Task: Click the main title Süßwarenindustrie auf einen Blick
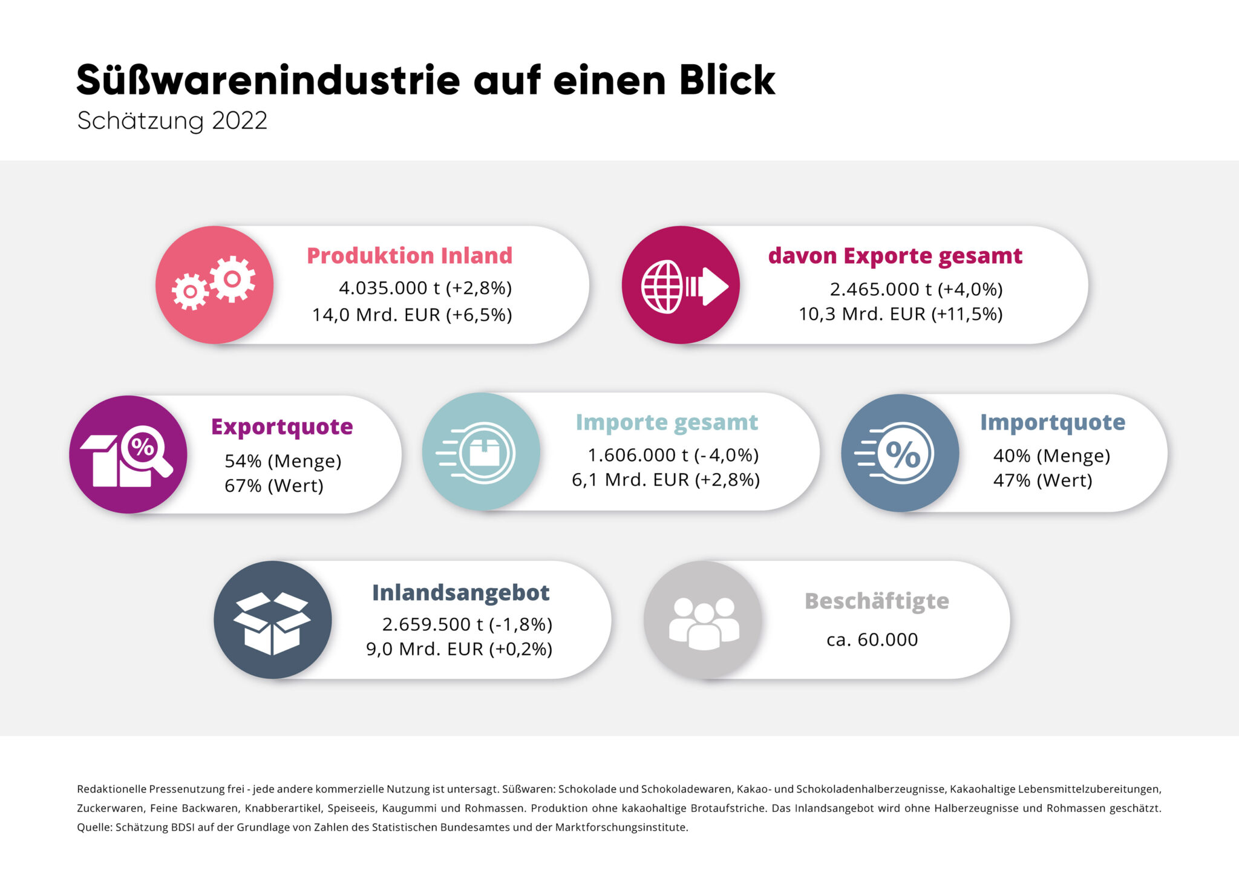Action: (x=425, y=80)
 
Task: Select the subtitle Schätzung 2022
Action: (x=172, y=120)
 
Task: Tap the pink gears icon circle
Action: (x=214, y=285)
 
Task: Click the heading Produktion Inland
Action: (x=410, y=255)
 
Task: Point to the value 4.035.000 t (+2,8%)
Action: (x=425, y=288)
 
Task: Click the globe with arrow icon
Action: (x=681, y=285)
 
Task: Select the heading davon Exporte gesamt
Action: (x=895, y=256)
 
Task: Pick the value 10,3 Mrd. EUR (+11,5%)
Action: (x=900, y=314)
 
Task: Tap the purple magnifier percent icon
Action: (x=128, y=454)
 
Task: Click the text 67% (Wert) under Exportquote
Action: (x=273, y=486)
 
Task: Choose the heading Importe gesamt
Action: (x=667, y=422)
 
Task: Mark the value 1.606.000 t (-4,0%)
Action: (x=673, y=455)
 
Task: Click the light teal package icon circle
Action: (x=481, y=451)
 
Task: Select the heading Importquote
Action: (x=1052, y=422)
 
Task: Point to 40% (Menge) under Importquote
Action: (x=1051, y=456)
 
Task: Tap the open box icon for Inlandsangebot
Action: (x=272, y=620)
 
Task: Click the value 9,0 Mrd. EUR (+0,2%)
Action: (x=459, y=649)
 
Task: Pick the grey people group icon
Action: (x=703, y=620)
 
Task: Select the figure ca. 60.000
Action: (x=872, y=639)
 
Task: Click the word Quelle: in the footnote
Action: (x=94, y=827)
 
